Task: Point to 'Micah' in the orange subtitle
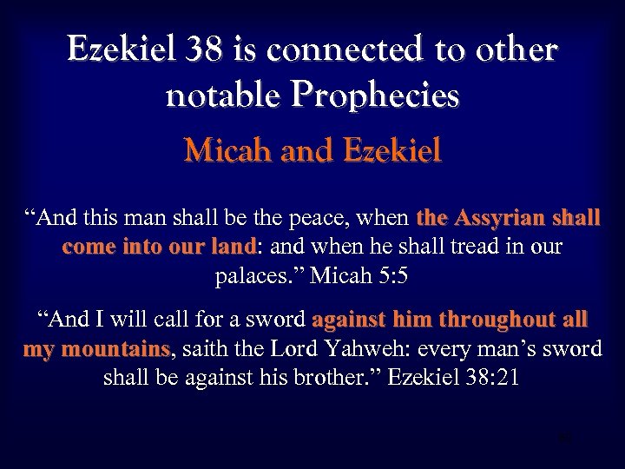click(227, 151)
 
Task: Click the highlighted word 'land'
click(230, 247)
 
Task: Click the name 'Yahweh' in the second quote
click(396, 349)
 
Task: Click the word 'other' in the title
click(514, 51)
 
